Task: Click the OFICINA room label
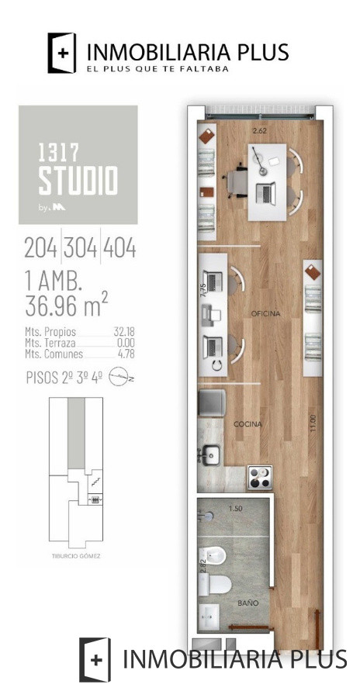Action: (x=265, y=313)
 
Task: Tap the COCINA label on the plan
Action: (x=248, y=424)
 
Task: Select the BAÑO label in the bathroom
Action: (x=248, y=602)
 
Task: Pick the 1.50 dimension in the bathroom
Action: (x=235, y=509)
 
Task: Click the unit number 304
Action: (x=81, y=249)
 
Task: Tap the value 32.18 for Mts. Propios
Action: (x=124, y=331)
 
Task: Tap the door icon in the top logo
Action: (x=63, y=53)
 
